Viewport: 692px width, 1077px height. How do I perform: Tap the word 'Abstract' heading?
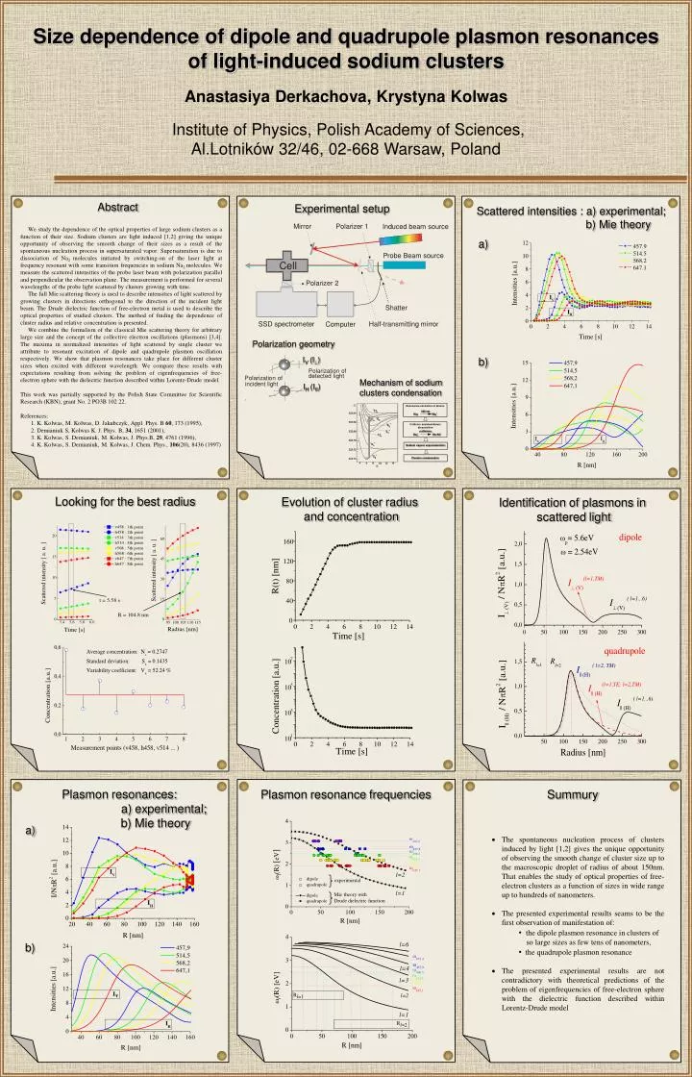(117, 208)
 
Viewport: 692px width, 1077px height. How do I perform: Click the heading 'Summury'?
(572, 794)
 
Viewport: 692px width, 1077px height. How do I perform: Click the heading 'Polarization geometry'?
(294, 344)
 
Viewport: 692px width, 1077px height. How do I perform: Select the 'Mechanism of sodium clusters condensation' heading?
(401, 388)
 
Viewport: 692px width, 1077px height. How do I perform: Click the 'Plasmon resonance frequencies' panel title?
(346, 794)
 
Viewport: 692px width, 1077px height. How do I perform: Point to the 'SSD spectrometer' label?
(284, 324)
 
